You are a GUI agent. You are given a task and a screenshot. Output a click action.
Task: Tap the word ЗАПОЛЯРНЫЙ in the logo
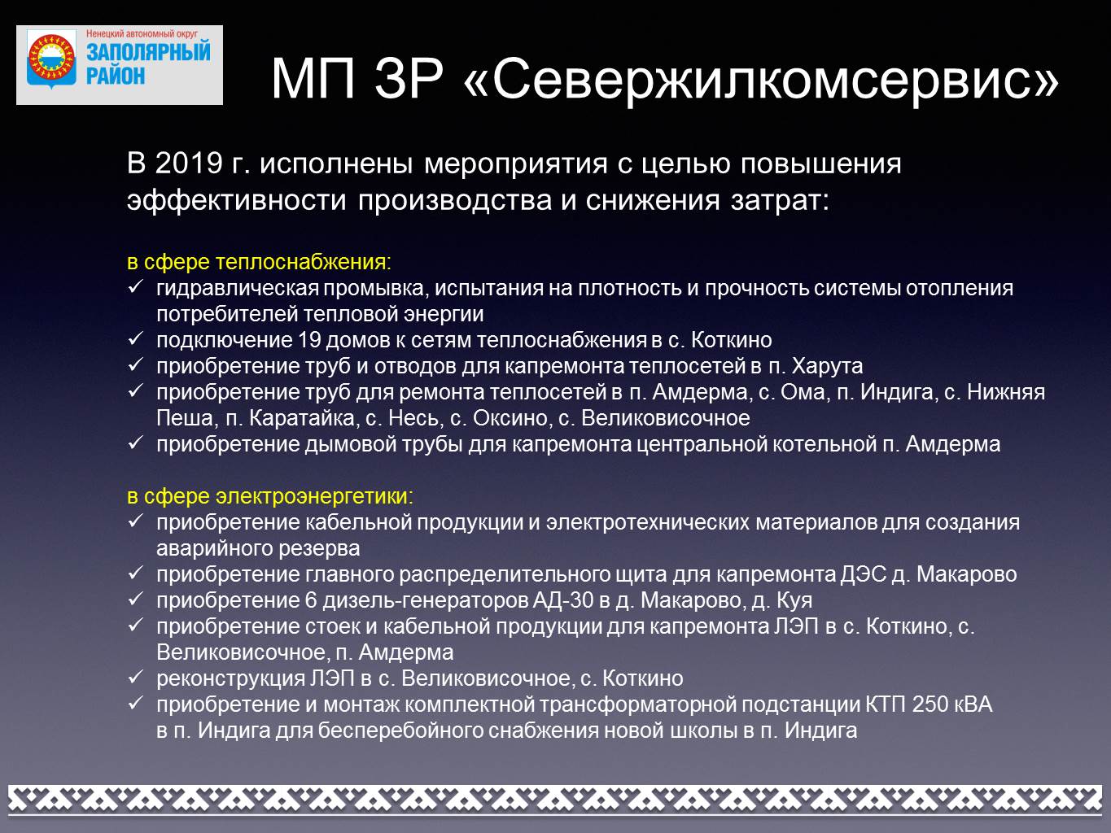point(148,52)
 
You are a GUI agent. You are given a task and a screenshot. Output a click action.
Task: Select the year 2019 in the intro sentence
point(189,164)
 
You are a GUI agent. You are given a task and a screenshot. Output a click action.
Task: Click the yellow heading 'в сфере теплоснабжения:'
point(259,262)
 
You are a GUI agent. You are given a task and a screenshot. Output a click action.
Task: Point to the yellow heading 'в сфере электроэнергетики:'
point(270,496)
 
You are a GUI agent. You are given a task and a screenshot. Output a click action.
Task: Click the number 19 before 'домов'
point(309,340)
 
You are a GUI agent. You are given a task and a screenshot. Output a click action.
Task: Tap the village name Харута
point(827,366)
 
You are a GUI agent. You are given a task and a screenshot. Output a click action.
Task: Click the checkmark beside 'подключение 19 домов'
point(136,338)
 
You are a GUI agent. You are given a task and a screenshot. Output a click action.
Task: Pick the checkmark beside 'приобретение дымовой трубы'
point(136,443)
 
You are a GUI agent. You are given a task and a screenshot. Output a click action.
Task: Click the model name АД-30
point(562,600)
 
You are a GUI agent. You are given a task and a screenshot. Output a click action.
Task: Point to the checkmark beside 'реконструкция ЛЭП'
point(136,677)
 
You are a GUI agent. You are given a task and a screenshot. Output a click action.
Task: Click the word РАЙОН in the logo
point(116,76)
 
